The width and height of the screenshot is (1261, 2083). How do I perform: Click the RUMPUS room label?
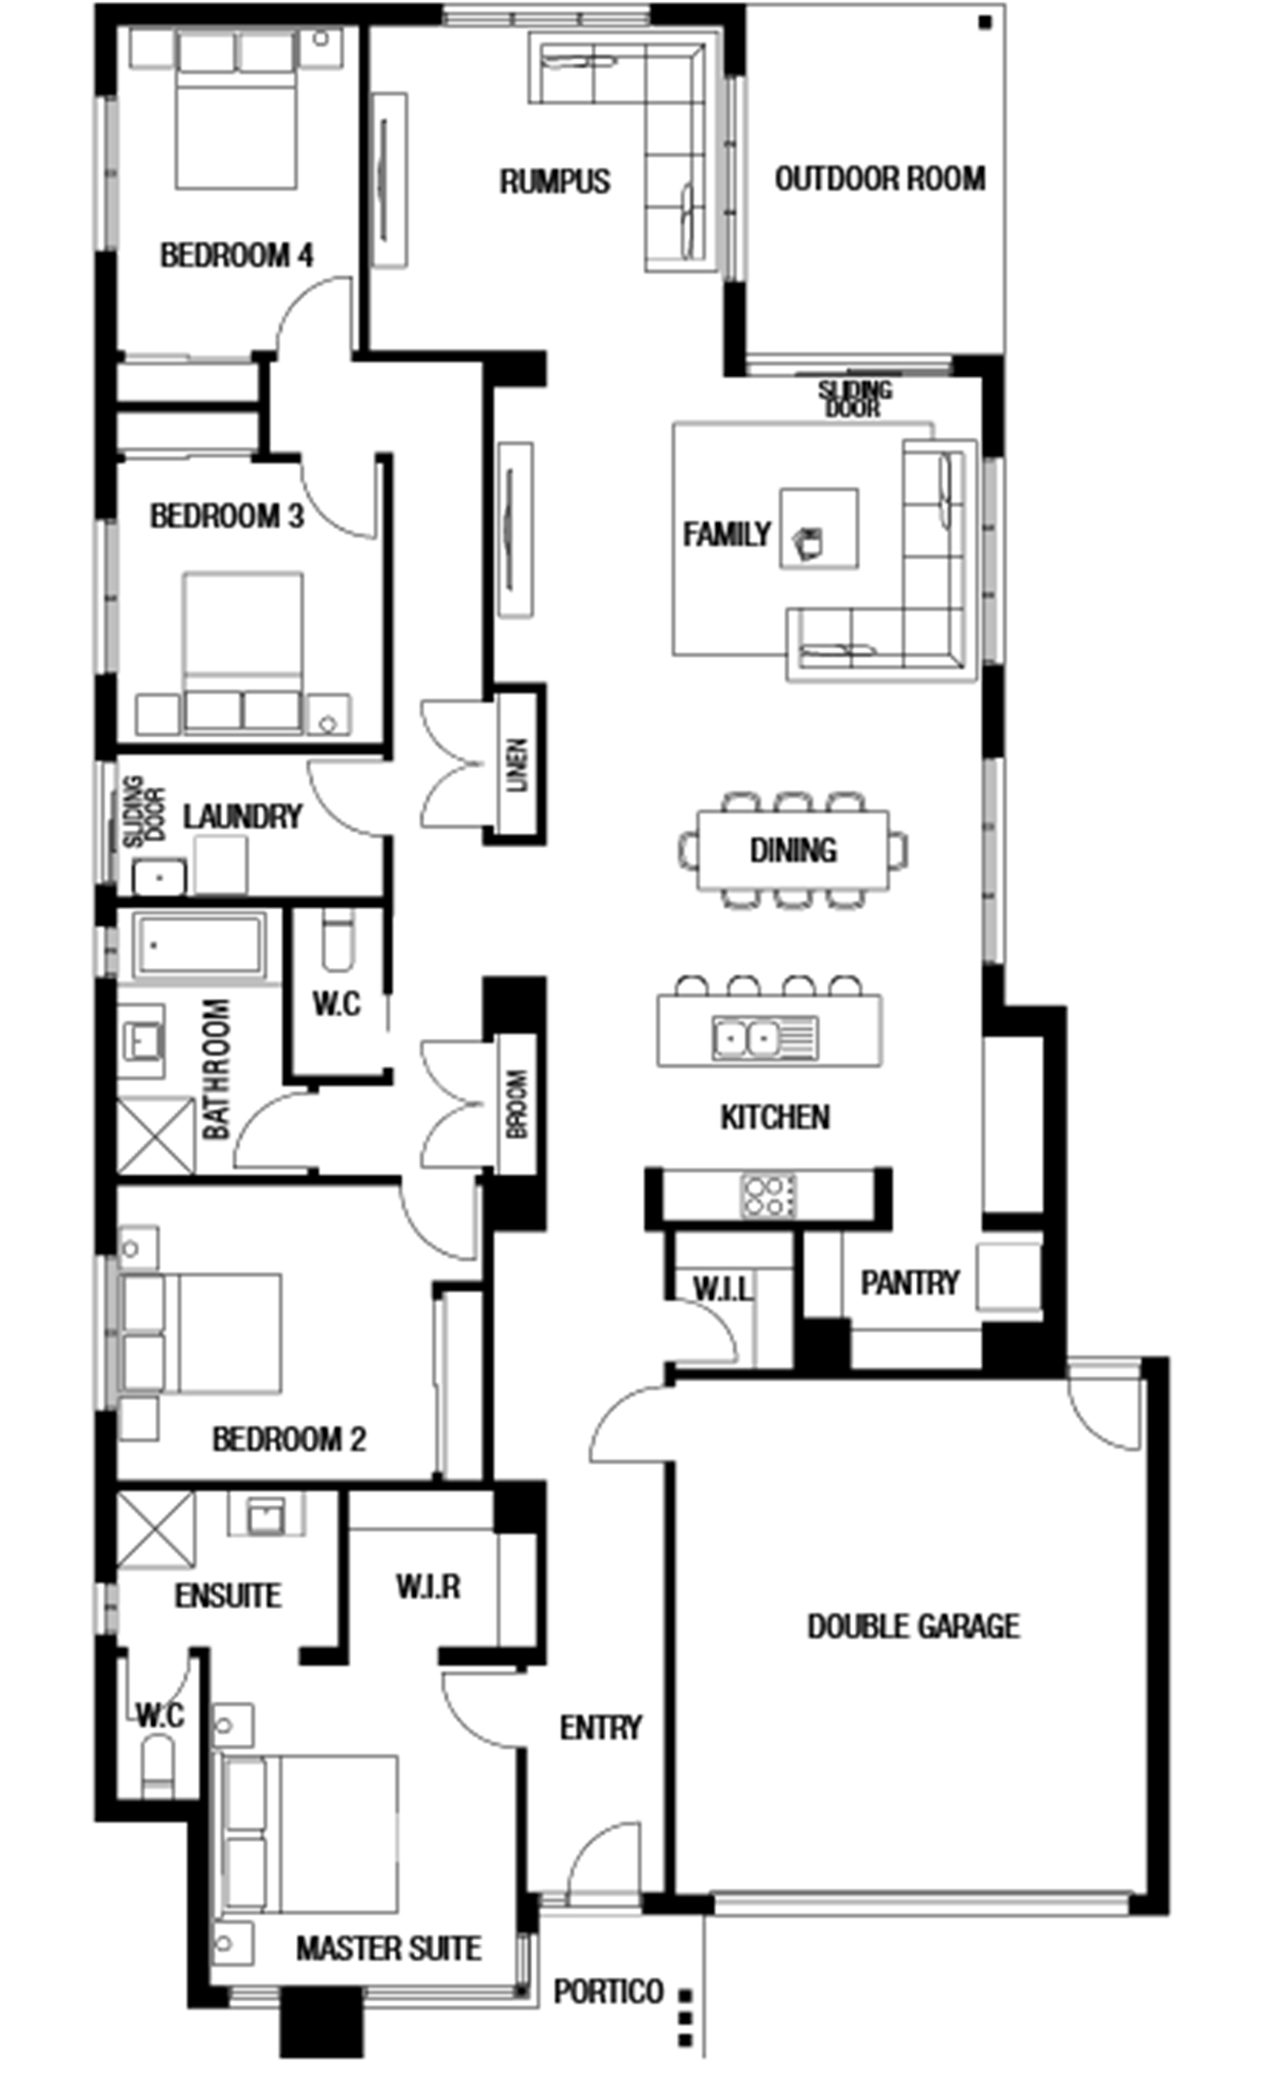(554, 181)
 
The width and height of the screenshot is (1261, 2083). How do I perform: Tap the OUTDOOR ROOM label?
(880, 179)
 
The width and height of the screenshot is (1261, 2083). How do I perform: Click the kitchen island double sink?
(764, 1038)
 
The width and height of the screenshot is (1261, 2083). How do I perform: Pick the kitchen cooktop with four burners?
(768, 1196)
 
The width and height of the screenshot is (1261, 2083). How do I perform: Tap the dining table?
(793, 850)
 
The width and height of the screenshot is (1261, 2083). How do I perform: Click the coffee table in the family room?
(819, 528)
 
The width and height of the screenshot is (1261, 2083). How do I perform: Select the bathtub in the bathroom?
(199, 945)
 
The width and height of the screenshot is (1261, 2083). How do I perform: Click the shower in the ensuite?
(155, 1529)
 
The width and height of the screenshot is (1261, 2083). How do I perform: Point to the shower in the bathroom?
(155, 1135)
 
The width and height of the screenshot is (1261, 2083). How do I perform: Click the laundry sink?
(159, 877)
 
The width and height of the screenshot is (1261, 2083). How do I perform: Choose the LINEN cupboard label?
(518, 765)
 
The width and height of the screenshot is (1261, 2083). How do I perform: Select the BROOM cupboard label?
(518, 1104)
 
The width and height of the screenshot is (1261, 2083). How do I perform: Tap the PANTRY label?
(910, 1282)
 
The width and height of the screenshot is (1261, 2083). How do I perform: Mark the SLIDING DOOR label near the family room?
(855, 398)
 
